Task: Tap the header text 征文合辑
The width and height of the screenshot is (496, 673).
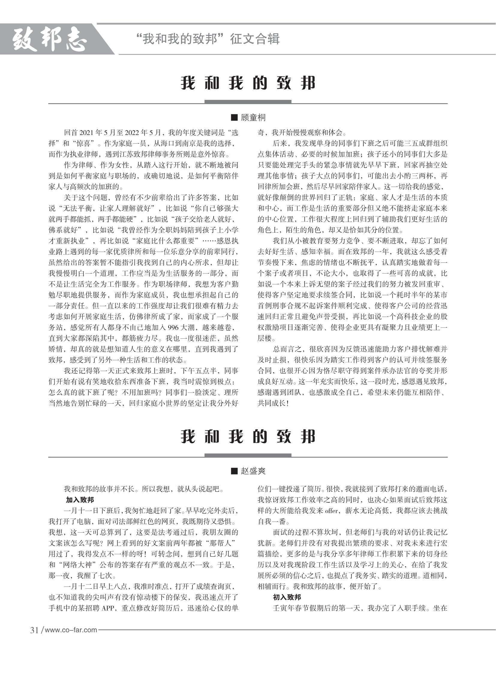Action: (x=255, y=39)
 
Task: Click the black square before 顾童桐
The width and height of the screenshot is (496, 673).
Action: (x=234, y=118)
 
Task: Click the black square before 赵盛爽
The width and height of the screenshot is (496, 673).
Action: (x=234, y=471)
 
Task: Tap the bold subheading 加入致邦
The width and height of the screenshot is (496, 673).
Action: (x=80, y=500)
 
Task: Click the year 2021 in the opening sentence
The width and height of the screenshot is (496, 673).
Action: (x=87, y=133)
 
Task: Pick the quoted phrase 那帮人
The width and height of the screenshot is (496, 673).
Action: (x=220, y=543)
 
